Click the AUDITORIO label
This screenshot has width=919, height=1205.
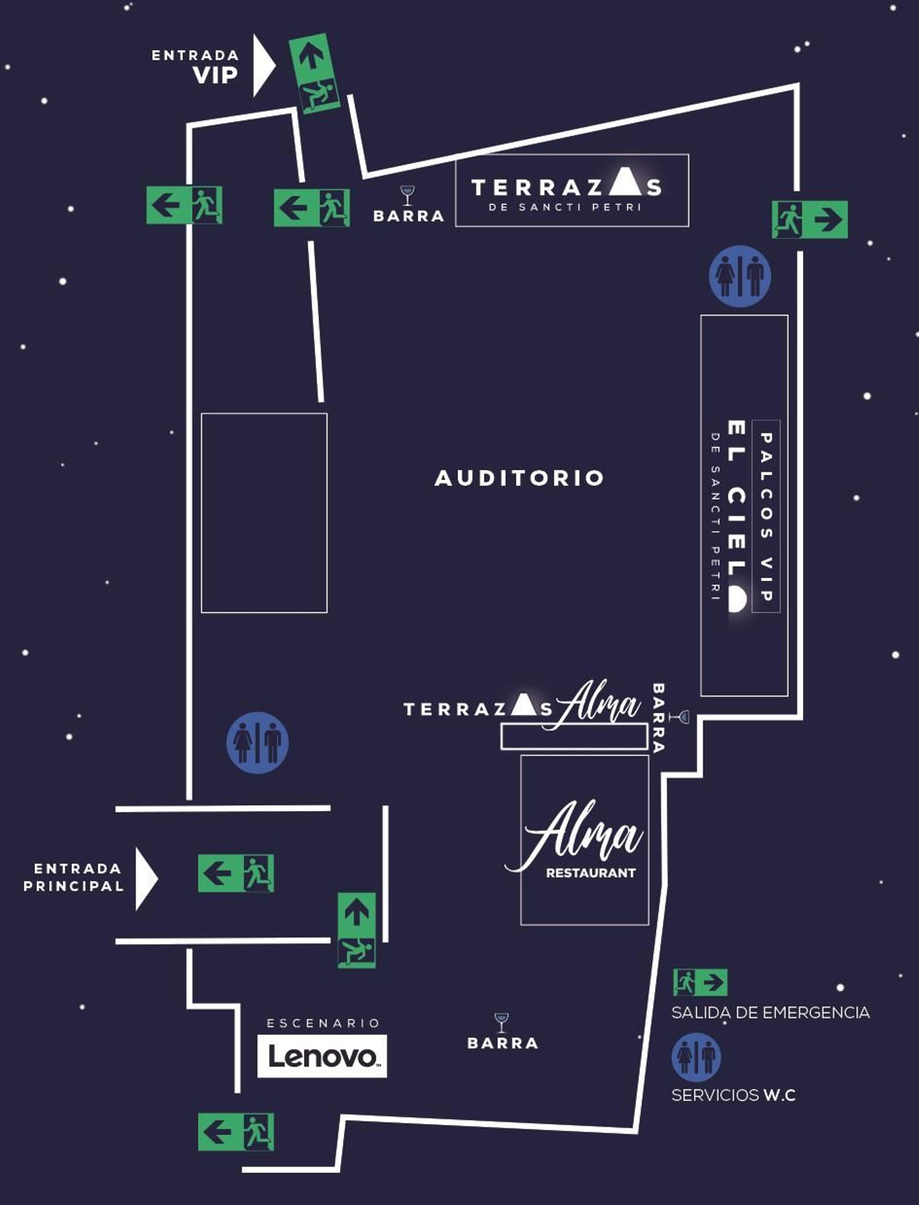coord(519,478)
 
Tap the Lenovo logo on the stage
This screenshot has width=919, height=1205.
coord(322,1057)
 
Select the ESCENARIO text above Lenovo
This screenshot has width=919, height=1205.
coord(323,1022)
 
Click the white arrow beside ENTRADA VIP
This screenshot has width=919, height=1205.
coord(264,65)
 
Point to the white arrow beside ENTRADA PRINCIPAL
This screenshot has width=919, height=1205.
coord(146,878)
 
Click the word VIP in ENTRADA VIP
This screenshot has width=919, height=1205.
coord(215,76)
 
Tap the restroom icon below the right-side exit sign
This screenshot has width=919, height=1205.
coord(740,277)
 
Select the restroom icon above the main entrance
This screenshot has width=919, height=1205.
coord(257,742)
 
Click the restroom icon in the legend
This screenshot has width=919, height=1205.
coord(696,1057)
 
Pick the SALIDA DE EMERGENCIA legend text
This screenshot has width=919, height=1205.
coord(770,1012)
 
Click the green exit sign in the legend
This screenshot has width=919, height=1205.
coord(700,982)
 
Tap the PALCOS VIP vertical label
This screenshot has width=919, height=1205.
coord(766,517)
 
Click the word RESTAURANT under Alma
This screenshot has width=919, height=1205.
coord(590,873)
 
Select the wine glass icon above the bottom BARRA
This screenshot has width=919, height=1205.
coord(501,1022)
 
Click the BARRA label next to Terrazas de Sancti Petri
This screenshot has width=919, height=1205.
coord(408,216)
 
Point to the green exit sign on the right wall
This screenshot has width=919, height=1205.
coord(809,219)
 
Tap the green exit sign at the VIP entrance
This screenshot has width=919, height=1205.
coord(314,73)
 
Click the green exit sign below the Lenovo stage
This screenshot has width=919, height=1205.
coord(235,1132)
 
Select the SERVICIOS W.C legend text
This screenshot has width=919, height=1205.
coord(733,1095)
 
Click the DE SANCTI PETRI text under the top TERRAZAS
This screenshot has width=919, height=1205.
coord(565,207)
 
